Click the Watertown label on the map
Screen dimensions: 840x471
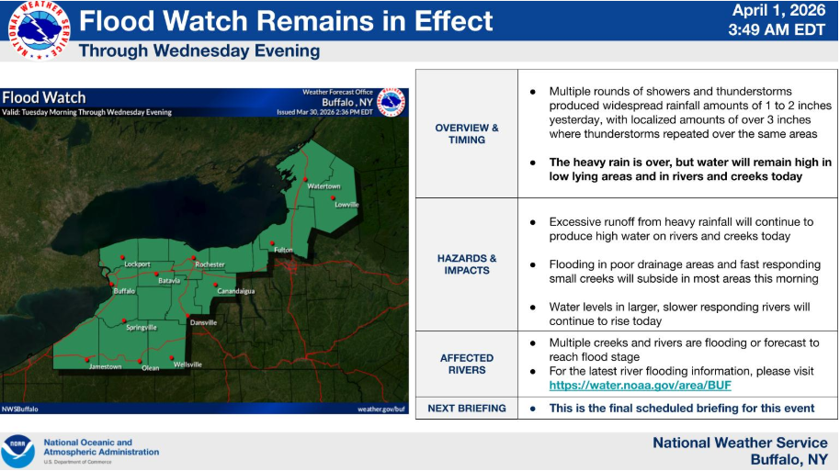(324, 186)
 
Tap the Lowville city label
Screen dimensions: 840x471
(346, 205)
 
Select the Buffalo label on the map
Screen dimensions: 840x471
(124, 291)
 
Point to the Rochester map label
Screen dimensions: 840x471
(210, 264)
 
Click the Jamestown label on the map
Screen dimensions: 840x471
(105, 366)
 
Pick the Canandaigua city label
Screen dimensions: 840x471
(235, 291)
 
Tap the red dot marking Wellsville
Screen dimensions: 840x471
(172, 357)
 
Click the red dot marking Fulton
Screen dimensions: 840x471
(272, 243)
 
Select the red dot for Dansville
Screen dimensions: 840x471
(187, 316)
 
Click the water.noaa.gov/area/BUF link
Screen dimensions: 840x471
(641, 386)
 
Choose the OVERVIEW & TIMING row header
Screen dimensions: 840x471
(467, 134)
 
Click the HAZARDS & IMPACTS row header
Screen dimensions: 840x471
(467, 264)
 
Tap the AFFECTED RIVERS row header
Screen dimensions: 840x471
(467, 364)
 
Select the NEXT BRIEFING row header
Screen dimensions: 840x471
(467, 409)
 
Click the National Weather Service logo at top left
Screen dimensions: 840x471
(39, 30)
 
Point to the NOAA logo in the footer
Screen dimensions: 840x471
(17, 451)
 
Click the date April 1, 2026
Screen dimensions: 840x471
(779, 10)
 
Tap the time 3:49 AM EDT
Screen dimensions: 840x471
(777, 29)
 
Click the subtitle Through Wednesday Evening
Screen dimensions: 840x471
(199, 50)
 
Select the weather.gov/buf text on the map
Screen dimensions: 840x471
(381, 409)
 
